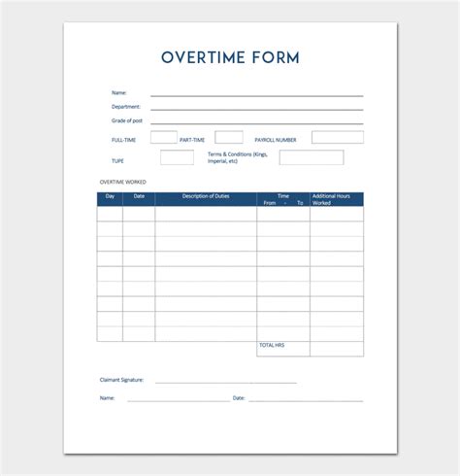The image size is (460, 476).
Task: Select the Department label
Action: point(126,107)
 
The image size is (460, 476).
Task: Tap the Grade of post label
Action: point(127,120)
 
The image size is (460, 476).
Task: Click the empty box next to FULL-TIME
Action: point(163,138)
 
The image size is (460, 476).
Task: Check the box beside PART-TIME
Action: point(228,138)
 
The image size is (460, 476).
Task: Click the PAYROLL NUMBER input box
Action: point(337,138)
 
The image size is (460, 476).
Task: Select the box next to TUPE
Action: point(177,157)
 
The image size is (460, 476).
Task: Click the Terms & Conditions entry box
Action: point(311,157)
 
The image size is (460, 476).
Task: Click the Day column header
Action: point(110,196)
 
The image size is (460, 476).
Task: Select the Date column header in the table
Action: point(139,196)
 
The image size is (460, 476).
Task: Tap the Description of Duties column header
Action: point(206,196)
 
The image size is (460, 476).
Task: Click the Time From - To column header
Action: point(283,199)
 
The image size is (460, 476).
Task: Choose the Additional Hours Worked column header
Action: point(337,199)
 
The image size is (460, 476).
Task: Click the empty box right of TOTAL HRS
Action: point(337,348)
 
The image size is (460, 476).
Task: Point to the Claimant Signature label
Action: point(121,380)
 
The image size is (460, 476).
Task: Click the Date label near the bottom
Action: point(239,397)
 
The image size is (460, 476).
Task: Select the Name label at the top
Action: point(118,93)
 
